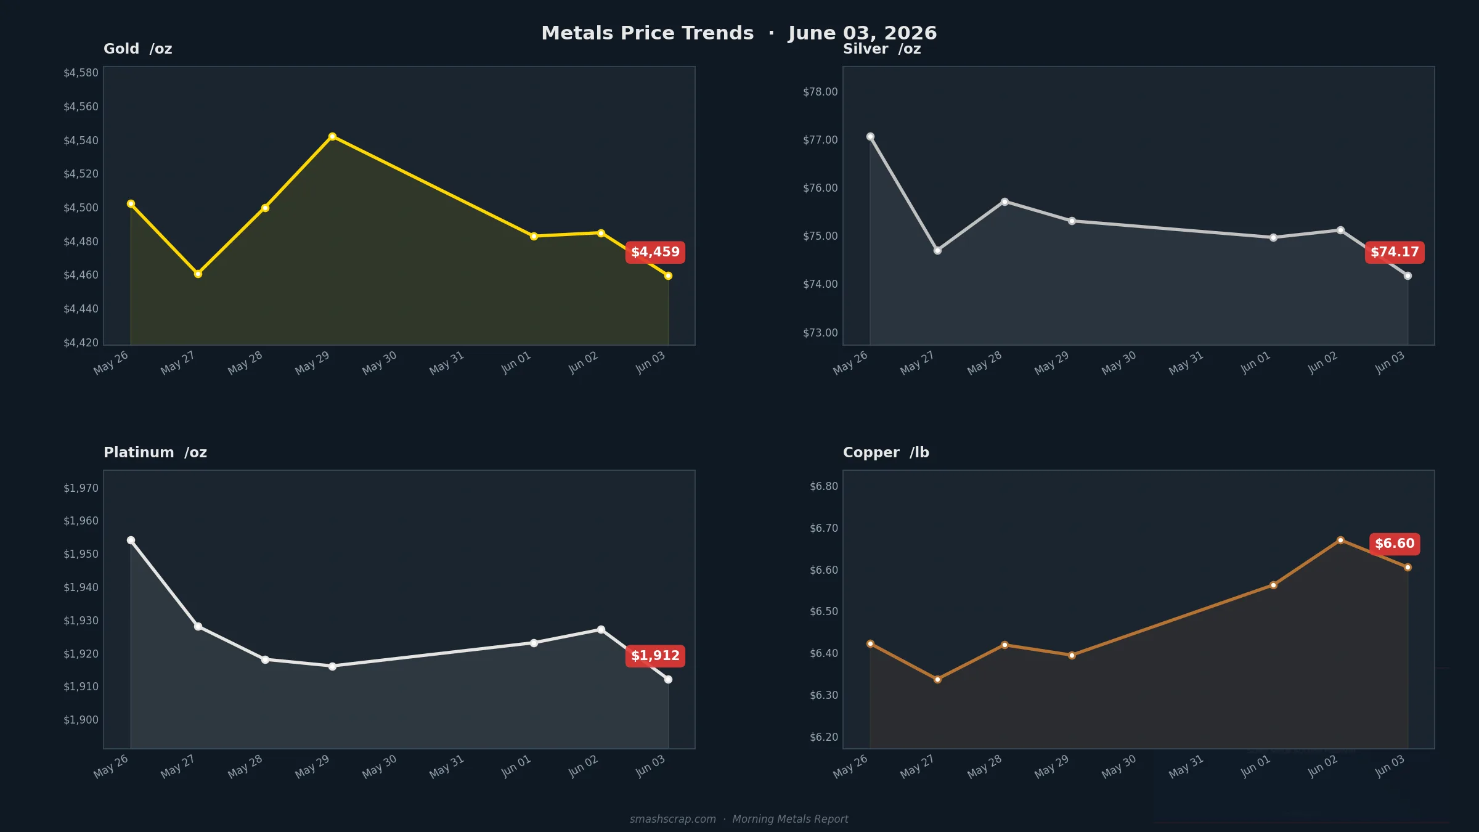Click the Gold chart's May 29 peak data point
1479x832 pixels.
coord(332,136)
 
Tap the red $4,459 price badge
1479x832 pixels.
coord(655,252)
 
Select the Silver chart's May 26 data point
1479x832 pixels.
coord(870,136)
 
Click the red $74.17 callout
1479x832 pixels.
coord(1395,252)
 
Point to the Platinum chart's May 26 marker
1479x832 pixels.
coord(131,540)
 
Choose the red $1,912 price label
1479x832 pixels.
coord(655,656)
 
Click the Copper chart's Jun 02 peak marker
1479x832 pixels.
coord(1340,540)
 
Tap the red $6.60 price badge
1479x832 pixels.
coord(1395,544)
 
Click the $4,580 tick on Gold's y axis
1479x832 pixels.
coord(81,73)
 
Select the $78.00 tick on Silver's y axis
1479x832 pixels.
coord(820,92)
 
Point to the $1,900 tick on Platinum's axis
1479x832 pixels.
coord(81,720)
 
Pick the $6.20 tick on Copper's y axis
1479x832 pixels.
coord(824,737)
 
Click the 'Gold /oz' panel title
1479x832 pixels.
coord(138,49)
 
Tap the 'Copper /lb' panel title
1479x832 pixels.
coord(886,452)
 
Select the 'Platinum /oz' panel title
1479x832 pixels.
coord(155,452)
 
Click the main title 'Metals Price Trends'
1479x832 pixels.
coord(648,33)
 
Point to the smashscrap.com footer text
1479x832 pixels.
coord(673,819)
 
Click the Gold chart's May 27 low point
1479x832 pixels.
coord(198,274)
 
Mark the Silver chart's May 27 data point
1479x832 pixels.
coord(937,250)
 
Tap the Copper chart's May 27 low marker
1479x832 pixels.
coord(937,679)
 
